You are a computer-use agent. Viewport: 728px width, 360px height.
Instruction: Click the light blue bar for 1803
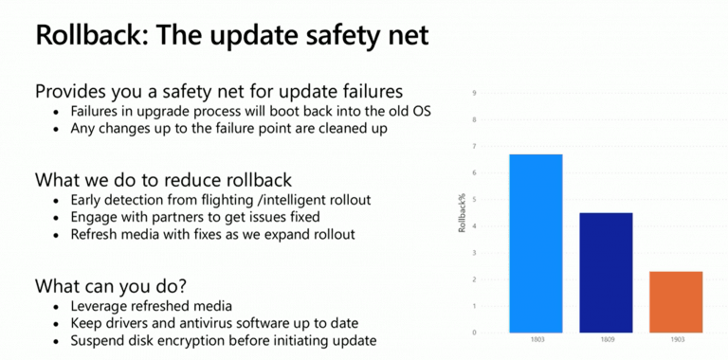(537, 243)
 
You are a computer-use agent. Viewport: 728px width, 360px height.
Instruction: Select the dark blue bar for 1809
(606, 273)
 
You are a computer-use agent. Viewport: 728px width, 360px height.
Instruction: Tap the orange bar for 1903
(676, 302)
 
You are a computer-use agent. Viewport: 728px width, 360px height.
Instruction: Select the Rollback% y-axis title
(462, 213)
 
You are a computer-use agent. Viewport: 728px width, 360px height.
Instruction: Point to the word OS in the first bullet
(420, 111)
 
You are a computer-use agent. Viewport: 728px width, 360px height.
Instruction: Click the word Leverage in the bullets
(100, 306)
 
